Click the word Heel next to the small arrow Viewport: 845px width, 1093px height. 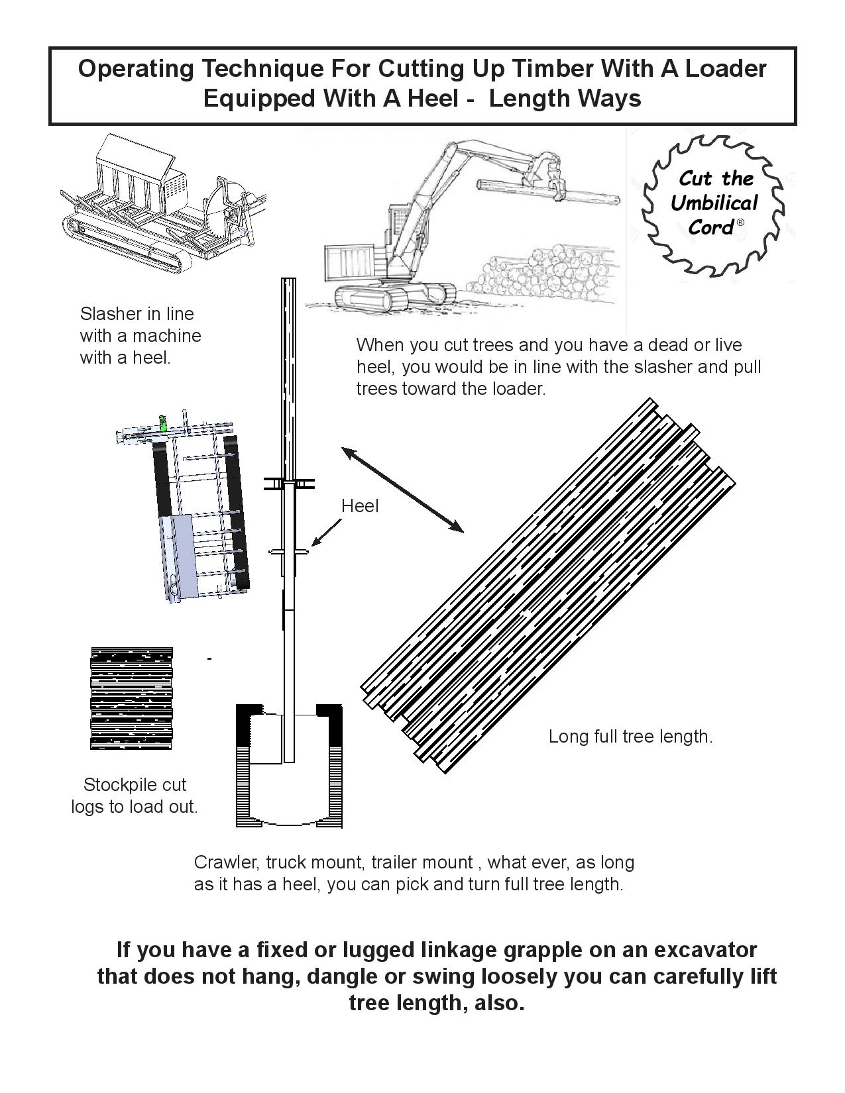coord(360,506)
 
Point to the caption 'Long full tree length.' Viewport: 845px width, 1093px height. coord(630,737)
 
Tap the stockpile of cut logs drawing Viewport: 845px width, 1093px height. coord(131,698)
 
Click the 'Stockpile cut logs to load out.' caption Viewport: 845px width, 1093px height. coord(135,796)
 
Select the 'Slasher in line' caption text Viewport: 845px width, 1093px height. coord(137,313)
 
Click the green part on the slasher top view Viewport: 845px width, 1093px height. coord(163,423)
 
